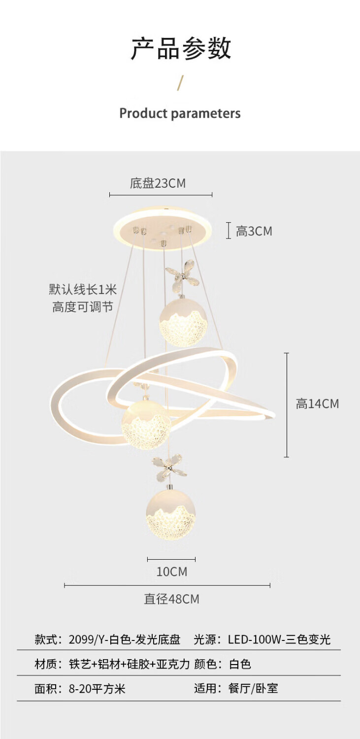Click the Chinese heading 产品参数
pos(180,49)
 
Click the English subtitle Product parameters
pos(180,113)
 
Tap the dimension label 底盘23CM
pos(158,183)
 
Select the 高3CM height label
pos(254,231)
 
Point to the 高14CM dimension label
pos(317,404)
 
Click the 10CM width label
pos(172,571)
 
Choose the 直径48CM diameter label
pos(171,599)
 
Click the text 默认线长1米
pos(82,289)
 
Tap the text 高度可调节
pos(82,307)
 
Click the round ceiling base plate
pos(163,229)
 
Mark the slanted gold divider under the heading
pos(180,83)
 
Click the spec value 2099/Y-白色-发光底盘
pos(124,639)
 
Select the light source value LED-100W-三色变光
pos(279,639)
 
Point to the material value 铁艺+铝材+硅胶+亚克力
pos(129,664)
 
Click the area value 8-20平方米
pos(97,688)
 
